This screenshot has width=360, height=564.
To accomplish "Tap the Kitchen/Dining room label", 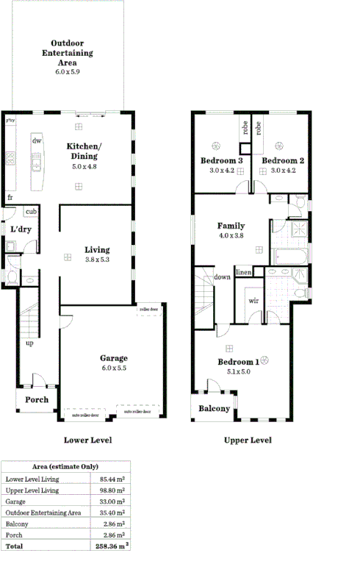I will [x=84, y=151].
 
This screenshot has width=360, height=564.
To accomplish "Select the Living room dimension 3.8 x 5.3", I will [x=96, y=260].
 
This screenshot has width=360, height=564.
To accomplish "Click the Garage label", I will [x=113, y=358].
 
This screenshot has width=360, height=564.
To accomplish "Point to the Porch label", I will [x=37, y=400].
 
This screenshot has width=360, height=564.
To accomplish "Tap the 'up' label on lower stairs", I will [x=29, y=343].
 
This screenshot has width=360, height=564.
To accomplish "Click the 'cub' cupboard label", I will [x=31, y=212].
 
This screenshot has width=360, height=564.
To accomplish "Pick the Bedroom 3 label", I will [x=221, y=161].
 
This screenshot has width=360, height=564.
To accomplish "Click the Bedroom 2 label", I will [x=283, y=161].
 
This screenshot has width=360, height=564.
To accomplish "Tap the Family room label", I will [x=231, y=226].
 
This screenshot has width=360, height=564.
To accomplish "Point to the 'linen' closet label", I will [x=244, y=273].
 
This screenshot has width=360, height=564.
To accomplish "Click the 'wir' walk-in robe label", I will [x=253, y=300].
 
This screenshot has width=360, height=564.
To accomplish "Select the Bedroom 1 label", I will [x=237, y=363].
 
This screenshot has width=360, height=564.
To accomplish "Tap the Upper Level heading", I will [x=248, y=440].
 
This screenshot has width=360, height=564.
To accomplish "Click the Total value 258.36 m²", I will [x=112, y=547].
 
